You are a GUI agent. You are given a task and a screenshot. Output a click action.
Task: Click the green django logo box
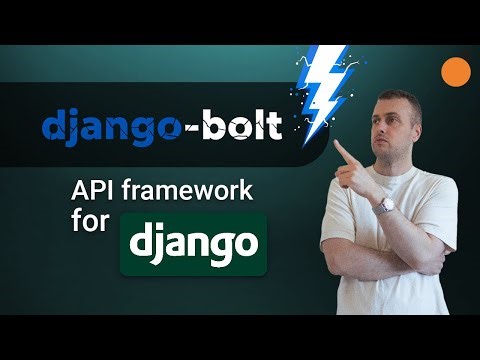pyautogui.click(x=194, y=244)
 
